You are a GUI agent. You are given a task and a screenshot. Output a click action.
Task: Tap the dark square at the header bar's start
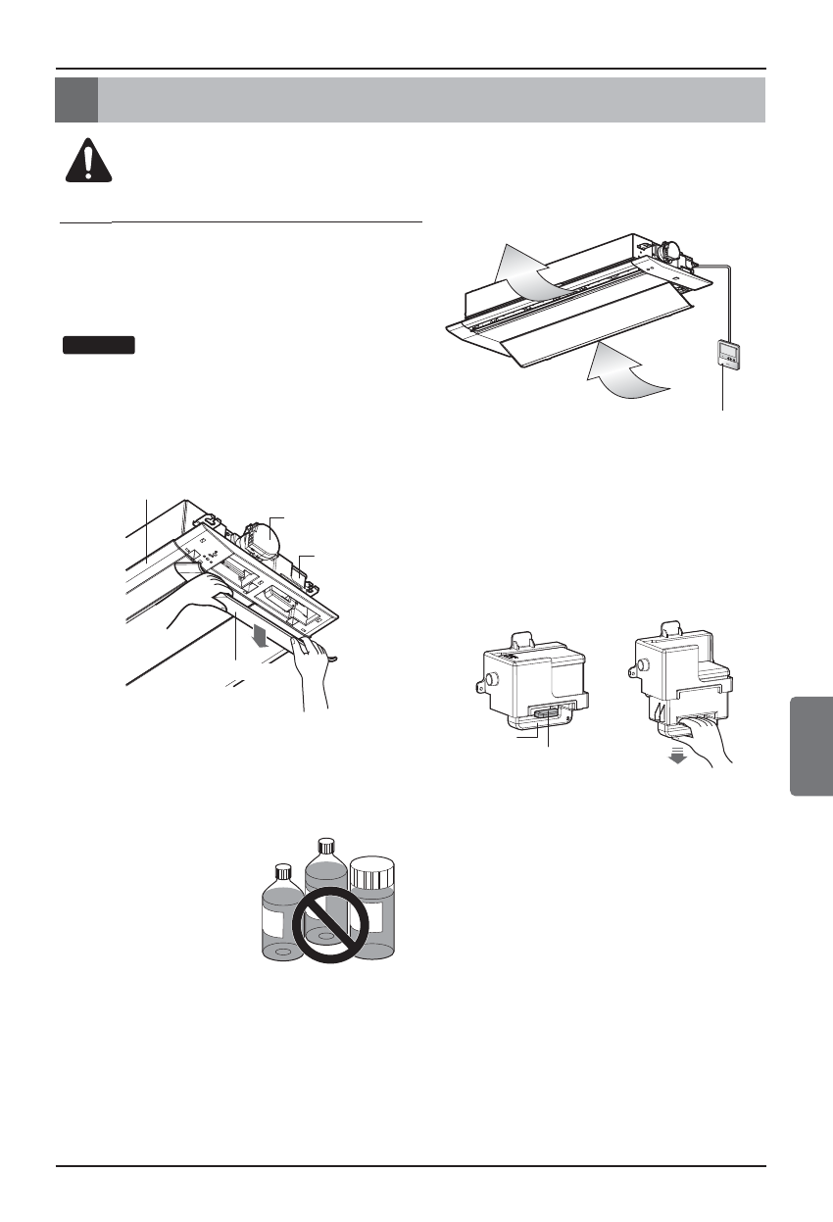pos(76,99)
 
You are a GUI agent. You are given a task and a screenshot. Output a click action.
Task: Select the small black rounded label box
pos(98,344)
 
